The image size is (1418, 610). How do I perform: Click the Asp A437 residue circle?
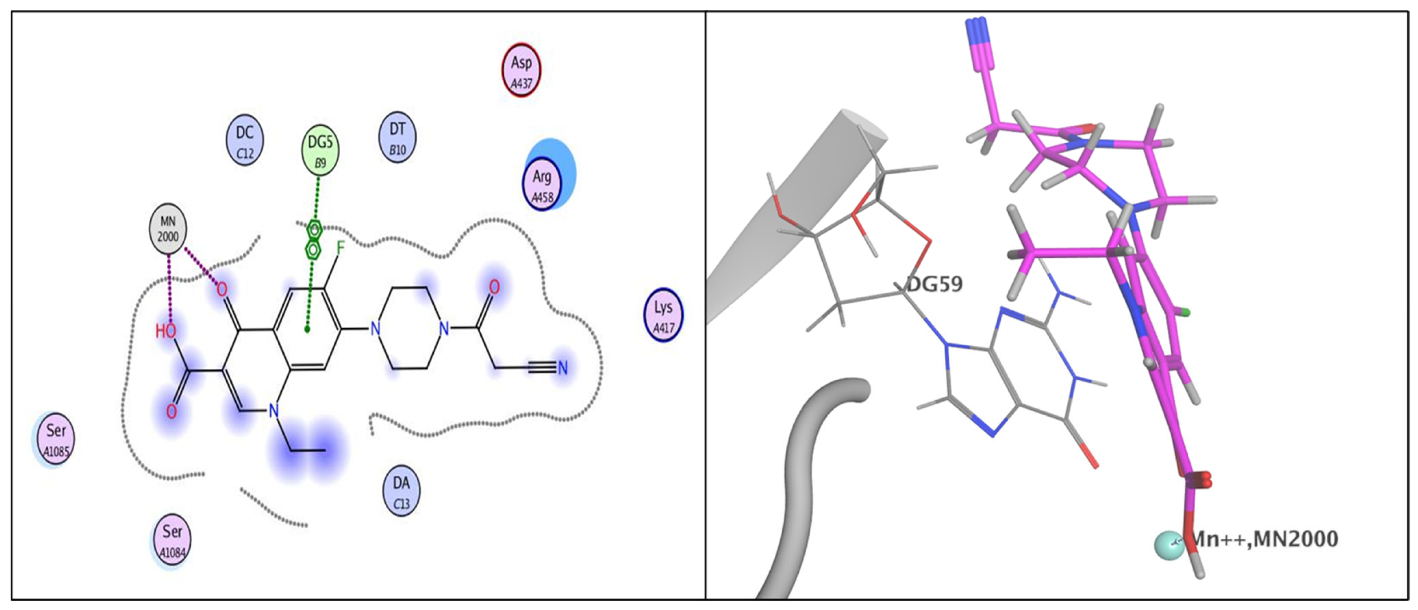[521, 70]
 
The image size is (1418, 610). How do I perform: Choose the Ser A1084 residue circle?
[172, 540]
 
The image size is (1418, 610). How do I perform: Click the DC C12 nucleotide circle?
[245, 140]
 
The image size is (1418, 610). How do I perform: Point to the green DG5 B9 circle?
[320, 149]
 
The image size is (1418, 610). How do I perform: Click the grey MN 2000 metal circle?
[168, 229]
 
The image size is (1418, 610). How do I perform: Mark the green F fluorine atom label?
[340, 248]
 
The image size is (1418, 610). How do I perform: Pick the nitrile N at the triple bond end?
[563, 368]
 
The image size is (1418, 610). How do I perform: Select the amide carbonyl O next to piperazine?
[494, 287]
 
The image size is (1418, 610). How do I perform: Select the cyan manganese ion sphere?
[1168, 546]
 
